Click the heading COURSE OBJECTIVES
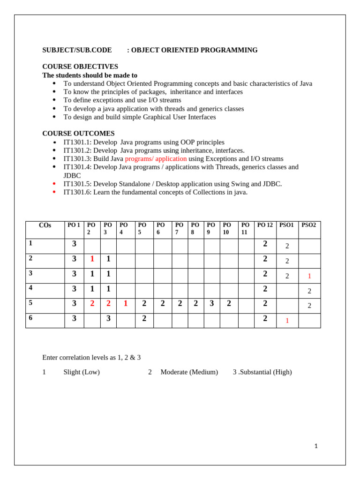click(x=80, y=67)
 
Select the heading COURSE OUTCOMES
click(x=78, y=134)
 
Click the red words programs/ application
click(x=156, y=159)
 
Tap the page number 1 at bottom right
click(x=316, y=446)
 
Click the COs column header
click(x=45, y=225)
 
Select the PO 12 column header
click(x=265, y=225)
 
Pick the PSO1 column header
click(x=286, y=225)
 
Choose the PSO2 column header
click(x=308, y=225)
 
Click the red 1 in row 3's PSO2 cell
click(x=309, y=276)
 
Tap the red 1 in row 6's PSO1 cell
click(x=287, y=321)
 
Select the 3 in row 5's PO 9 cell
click(x=212, y=303)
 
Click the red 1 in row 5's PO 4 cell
click(x=126, y=303)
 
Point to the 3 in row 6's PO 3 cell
click(x=108, y=319)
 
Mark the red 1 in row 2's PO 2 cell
click(x=92, y=259)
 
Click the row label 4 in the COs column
click(x=30, y=287)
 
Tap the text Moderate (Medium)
click(x=189, y=372)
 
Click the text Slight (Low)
click(x=82, y=372)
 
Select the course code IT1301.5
click(x=77, y=184)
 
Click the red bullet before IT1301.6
click(x=54, y=192)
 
